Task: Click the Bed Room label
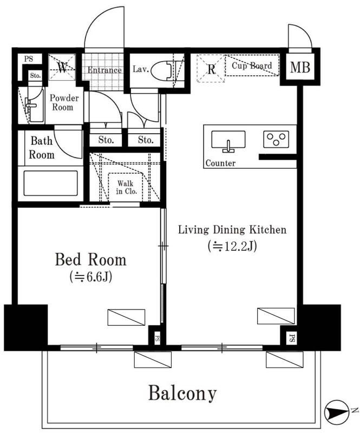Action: point(90,260)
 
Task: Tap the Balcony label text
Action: point(182,393)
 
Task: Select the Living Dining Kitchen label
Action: point(232,229)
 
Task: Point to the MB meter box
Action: point(300,67)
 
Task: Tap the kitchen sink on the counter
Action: point(228,140)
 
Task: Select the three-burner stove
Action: point(276,139)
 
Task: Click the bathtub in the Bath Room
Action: point(50,183)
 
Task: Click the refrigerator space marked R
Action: point(211,69)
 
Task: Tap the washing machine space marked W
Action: point(62,67)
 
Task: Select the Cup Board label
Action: point(252,65)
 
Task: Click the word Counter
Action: point(220,163)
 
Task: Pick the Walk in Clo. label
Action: point(126,187)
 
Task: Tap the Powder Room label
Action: point(64,102)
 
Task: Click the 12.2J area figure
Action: point(232,246)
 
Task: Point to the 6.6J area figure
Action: point(91,277)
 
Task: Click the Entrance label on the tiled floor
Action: point(104,70)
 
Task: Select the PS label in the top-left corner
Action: point(29,59)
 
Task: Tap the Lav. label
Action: point(141,69)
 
